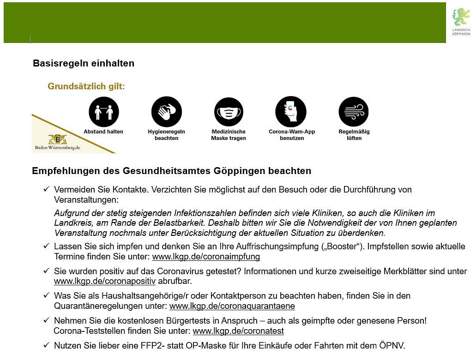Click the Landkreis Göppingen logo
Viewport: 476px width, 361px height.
click(460, 21)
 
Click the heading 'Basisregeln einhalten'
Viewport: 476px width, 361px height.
click(84, 63)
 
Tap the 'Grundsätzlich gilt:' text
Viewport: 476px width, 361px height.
click(86, 86)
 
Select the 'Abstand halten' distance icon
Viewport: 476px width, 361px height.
click(103, 112)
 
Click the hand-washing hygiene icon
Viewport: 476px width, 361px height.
click(166, 112)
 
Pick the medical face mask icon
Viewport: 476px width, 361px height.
click(229, 112)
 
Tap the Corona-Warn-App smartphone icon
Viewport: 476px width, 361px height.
click(291, 112)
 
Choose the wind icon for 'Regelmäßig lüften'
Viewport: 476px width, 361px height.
click(354, 112)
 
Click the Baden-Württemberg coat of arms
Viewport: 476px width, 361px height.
click(58, 139)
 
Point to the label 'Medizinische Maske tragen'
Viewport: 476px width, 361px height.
click(229, 135)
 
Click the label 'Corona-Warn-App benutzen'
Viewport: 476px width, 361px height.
click(292, 135)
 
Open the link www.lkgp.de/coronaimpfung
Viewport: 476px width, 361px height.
click(206, 257)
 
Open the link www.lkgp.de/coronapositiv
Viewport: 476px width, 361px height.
click(105, 281)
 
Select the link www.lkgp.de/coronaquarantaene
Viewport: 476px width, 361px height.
click(232, 306)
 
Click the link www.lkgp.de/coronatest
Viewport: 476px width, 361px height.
click(238, 331)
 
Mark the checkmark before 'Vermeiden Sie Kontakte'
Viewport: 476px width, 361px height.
click(46, 189)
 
